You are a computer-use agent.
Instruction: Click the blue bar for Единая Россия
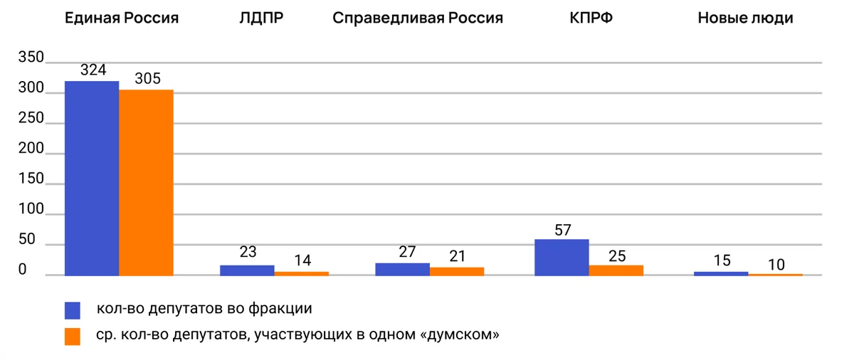[92, 178]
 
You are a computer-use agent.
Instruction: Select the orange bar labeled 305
[146, 182]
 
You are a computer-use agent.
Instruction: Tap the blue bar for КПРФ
[562, 257]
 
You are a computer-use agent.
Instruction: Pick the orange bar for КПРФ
[616, 270]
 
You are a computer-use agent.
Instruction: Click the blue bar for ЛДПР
[247, 270]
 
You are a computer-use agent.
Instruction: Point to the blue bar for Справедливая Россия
[402, 269]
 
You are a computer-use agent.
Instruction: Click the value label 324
[93, 70]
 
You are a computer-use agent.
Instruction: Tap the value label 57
[562, 230]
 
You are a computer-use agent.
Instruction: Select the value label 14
[302, 260]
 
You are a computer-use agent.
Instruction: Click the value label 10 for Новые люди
[776, 265]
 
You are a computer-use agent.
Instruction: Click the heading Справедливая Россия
[417, 18]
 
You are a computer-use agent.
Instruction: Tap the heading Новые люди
[745, 18]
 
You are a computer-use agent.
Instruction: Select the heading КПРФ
[591, 18]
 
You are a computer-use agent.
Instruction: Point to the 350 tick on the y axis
[32, 58]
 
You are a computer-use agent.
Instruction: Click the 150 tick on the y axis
[32, 179]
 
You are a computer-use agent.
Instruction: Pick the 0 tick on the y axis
[22, 270]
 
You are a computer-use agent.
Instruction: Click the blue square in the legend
[73, 309]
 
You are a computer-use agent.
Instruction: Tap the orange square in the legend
[73, 336]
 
